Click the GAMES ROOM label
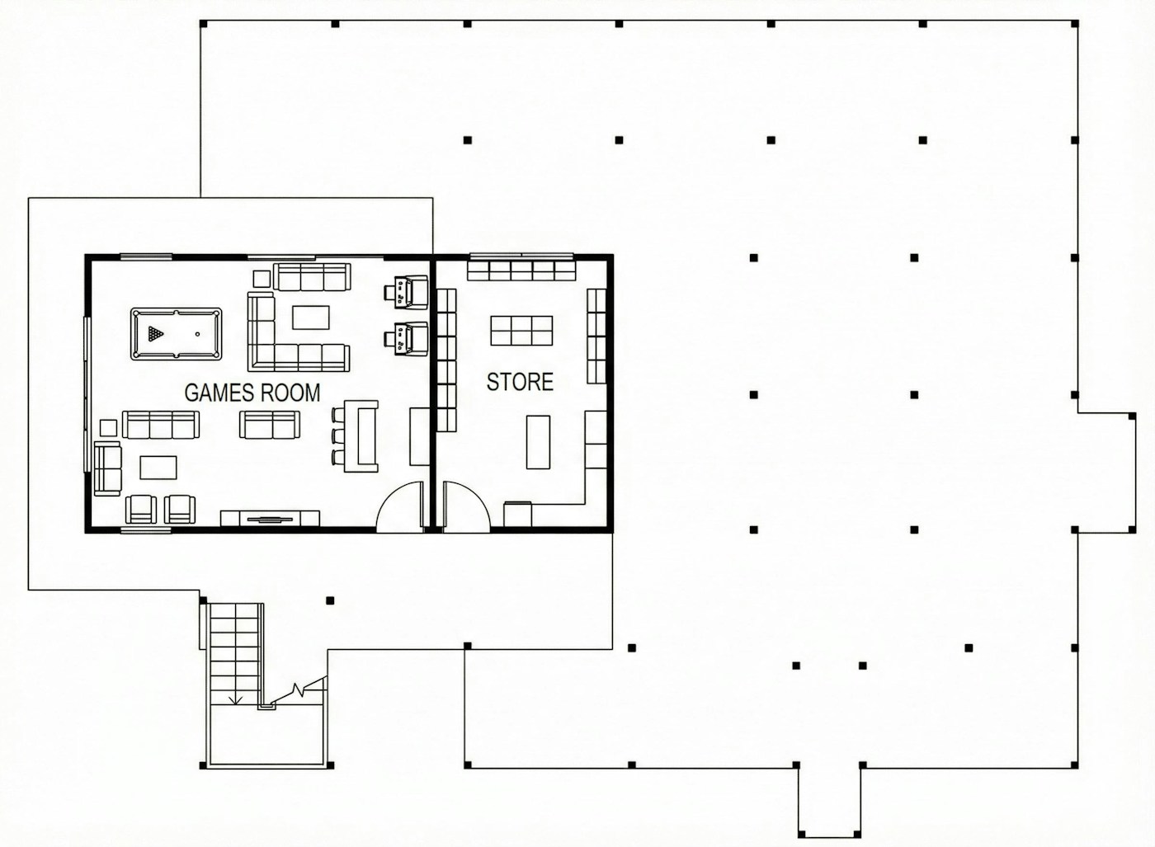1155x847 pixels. [x=252, y=393]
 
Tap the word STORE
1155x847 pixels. [x=520, y=382]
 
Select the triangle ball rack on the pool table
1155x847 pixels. [x=156, y=333]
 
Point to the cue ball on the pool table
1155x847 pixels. [x=197, y=334]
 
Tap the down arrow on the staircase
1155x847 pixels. [x=236, y=699]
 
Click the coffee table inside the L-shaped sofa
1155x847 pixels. [x=310, y=317]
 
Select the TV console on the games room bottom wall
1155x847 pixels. [x=270, y=519]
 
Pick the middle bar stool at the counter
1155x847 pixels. [x=337, y=436]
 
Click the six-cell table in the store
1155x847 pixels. [x=521, y=331]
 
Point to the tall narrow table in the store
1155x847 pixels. [x=538, y=442]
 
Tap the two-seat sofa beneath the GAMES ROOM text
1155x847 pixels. [x=269, y=425]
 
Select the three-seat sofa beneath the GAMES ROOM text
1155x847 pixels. [x=160, y=425]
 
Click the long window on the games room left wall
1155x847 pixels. [x=87, y=394]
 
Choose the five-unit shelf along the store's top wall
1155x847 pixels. [x=521, y=271]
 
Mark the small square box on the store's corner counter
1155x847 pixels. [x=517, y=514]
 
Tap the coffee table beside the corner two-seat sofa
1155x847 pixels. [x=158, y=468]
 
